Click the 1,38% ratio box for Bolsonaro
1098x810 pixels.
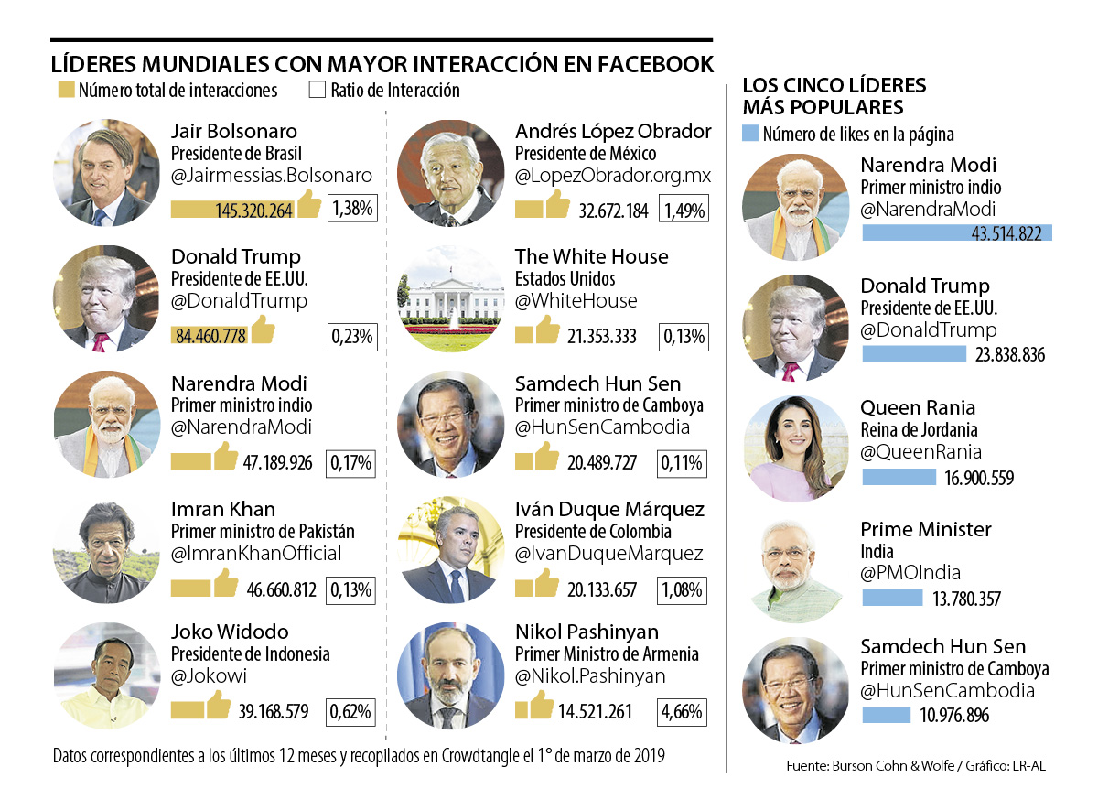coord(352,208)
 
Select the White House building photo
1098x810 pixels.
coord(450,298)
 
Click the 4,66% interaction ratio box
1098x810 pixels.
coord(682,711)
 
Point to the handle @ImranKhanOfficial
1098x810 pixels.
coord(256,553)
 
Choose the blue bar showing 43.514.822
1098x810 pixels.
coord(957,232)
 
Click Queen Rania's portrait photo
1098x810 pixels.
coord(795,448)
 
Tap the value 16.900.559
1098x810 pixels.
coord(975,478)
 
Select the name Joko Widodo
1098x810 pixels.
coord(230,632)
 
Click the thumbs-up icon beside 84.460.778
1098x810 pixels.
coord(264,329)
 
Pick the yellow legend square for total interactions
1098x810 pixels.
coord(65,91)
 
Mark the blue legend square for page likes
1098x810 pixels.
coord(749,135)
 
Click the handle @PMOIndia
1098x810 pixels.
coord(910,573)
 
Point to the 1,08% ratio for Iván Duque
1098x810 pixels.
coord(682,589)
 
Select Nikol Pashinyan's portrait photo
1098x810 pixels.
coord(450,676)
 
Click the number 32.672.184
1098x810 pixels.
coord(613,211)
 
